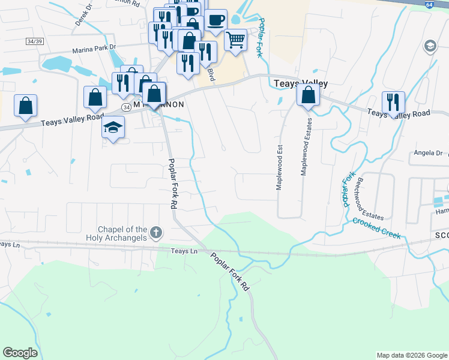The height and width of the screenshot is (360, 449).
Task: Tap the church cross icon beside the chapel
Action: tap(156, 232)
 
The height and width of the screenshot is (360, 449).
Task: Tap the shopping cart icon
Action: tap(236, 40)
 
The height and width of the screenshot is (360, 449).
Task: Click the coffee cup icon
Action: tap(215, 20)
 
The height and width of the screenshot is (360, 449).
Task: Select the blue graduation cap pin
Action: tap(112, 127)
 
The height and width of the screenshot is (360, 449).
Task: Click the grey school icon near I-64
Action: tap(430, 46)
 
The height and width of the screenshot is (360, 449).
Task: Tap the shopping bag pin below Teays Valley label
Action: tap(308, 95)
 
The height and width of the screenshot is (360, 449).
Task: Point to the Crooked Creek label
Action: tap(376, 229)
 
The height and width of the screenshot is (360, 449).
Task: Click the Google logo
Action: tap(20, 353)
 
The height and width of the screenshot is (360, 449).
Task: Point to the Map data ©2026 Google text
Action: tap(412, 355)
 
